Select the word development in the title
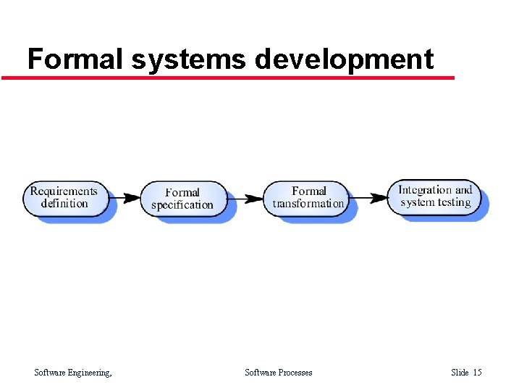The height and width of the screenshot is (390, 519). click(344, 59)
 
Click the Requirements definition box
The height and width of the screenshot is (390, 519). click(66, 198)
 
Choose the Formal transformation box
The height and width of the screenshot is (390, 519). click(308, 198)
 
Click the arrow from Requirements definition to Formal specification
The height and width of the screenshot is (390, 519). click(127, 197)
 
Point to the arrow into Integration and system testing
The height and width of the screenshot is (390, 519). click(374, 196)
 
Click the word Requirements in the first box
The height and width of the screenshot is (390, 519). click(64, 191)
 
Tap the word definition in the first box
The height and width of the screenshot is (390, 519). click(64, 204)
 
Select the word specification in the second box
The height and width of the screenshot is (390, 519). click(182, 205)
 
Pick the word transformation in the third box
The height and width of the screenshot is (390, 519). click(308, 204)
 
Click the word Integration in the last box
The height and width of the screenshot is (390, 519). click(425, 190)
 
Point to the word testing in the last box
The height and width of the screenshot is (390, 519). click(453, 202)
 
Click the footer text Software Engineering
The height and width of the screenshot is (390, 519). click(73, 373)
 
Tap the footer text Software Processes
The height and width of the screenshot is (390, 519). click(279, 373)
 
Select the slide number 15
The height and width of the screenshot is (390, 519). click(477, 373)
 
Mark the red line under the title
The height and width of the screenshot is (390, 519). click(228, 77)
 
